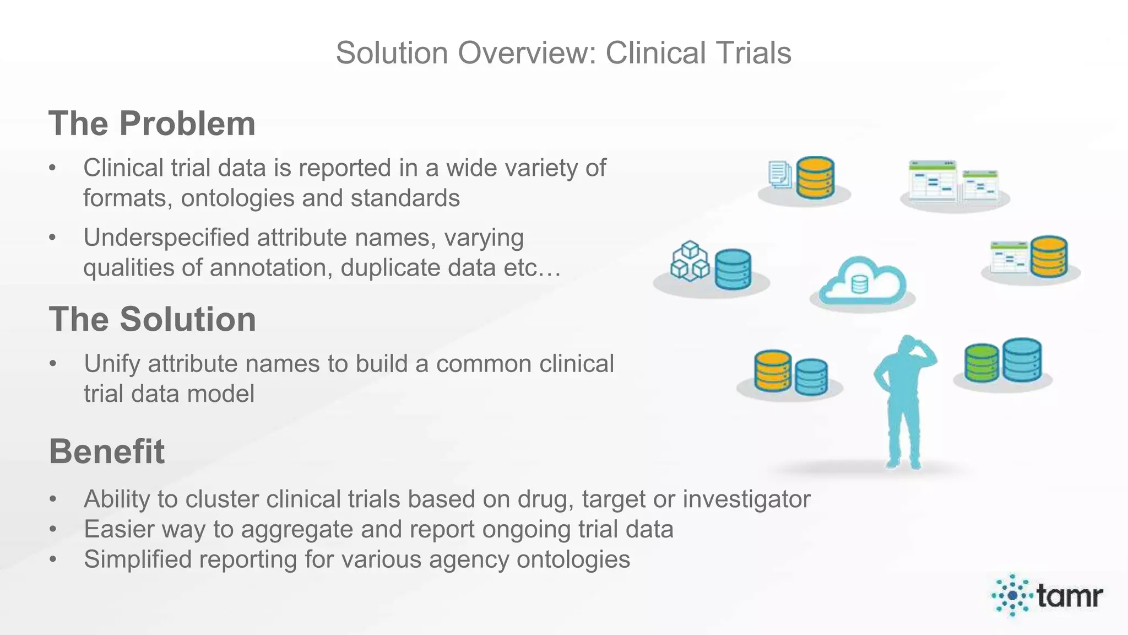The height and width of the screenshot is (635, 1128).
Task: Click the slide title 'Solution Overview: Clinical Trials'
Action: click(x=563, y=53)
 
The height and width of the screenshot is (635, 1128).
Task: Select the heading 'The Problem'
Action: click(x=152, y=123)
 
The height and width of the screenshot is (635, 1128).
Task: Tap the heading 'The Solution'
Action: click(x=153, y=319)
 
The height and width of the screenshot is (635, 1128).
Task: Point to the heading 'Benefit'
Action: click(x=107, y=451)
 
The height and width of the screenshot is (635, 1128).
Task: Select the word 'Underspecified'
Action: click(x=166, y=238)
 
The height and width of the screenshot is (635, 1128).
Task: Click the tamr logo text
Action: click(x=1069, y=595)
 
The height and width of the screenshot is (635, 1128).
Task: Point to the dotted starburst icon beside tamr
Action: click(x=1012, y=595)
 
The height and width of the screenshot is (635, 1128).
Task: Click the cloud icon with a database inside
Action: click(x=862, y=282)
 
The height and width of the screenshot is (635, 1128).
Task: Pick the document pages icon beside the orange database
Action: click(x=779, y=175)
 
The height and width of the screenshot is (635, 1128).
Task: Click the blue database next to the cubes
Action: click(x=733, y=269)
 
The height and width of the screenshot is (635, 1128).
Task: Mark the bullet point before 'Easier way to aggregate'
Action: click(x=53, y=530)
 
